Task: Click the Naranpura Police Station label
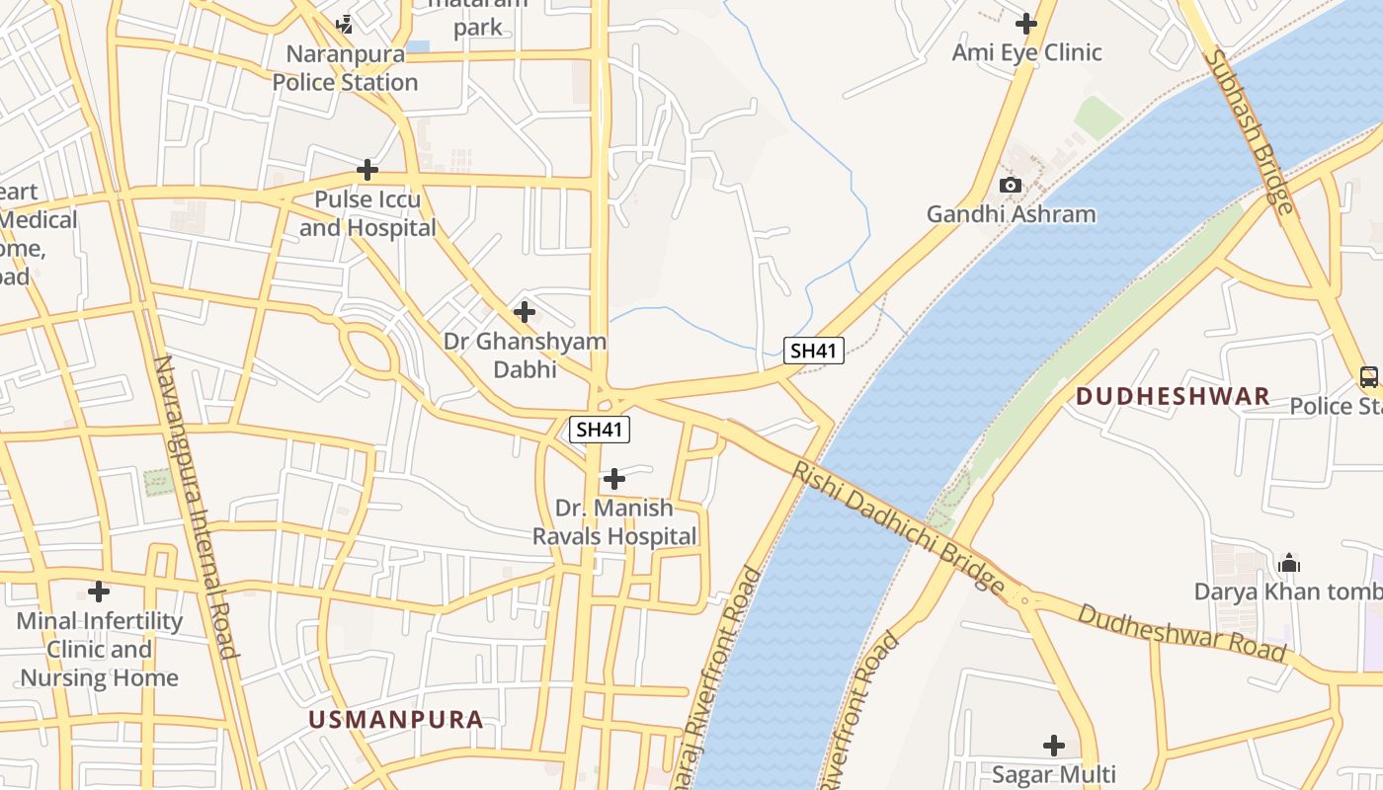[x=346, y=68]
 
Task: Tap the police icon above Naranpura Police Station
[x=345, y=23]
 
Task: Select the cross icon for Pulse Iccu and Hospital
[x=367, y=170]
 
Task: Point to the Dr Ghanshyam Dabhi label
[x=525, y=355]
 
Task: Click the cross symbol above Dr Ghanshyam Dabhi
[x=525, y=313]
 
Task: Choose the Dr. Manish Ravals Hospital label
[x=614, y=522]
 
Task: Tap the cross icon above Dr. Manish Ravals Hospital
[x=614, y=479]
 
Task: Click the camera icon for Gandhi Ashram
[x=1010, y=185]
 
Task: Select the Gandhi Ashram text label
[x=1011, y=214]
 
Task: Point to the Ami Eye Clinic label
[x=1026, y=52]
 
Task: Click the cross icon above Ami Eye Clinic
[x=1026, y=23]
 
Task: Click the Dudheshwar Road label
[x=1181, y=632]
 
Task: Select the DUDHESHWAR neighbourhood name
[x=1173, y=397]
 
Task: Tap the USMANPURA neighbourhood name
[x=396, y=720]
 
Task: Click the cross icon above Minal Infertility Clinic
[x=99, y=592]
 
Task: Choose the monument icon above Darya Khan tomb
[x=1288, y=563]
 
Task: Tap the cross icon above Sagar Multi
[x=1054, y=745]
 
